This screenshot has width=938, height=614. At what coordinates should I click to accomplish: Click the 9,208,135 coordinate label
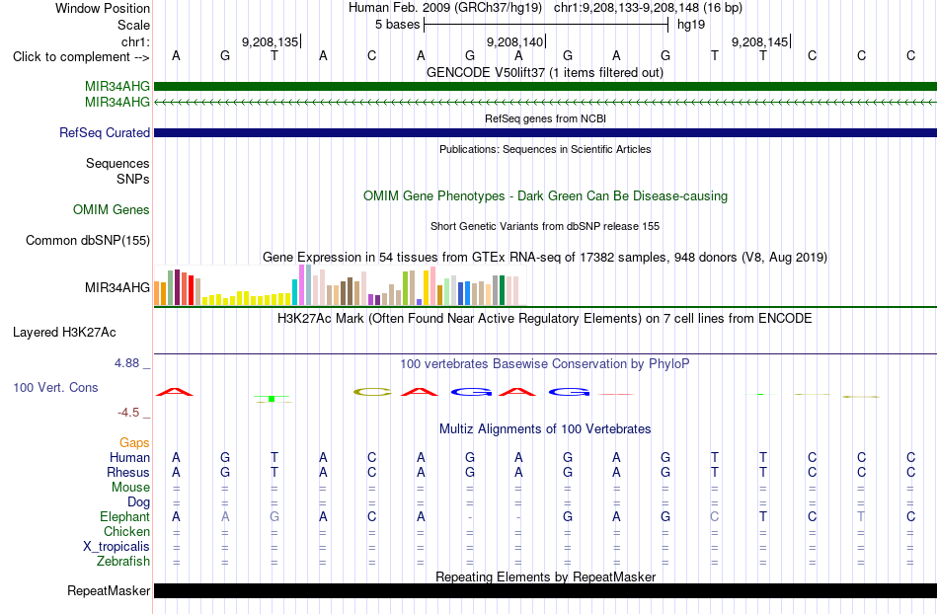pos(270,41)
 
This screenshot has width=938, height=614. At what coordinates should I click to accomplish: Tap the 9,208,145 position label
pos(759,41)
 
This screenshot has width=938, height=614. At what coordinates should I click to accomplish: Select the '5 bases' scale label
pos(397,25)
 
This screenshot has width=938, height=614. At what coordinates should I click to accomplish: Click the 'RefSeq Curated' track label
pos(105,132)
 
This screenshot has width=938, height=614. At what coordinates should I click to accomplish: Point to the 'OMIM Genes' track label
pos(112,210)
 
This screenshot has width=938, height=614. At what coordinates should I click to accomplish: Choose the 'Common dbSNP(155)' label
pos(88,240)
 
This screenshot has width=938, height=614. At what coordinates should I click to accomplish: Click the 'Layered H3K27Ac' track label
pos(64,333)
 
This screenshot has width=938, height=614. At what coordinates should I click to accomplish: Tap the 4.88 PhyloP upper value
pos(126,363)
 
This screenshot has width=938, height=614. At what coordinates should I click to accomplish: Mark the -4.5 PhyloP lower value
pos(128,413)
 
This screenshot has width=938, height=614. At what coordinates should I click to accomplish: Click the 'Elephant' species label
pos(124,516)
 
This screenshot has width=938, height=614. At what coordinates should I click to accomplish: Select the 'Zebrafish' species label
pos(123,562)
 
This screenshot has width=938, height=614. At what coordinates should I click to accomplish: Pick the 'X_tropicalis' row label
pos(117,547)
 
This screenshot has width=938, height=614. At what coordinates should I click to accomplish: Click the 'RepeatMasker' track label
pos(109,590)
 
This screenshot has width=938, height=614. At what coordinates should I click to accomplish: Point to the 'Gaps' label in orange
pos(134,442)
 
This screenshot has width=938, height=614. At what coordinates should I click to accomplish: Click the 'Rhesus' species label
pos(128,472)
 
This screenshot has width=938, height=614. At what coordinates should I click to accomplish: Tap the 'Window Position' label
pos(103,8)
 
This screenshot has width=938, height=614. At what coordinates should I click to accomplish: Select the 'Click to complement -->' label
pos(81,57)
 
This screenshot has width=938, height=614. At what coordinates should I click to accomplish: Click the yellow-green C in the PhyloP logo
pos(372,392)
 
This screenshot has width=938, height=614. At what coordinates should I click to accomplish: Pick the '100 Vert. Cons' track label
pos(55,387)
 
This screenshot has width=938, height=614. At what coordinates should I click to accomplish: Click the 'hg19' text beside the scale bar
pos(691,25)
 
